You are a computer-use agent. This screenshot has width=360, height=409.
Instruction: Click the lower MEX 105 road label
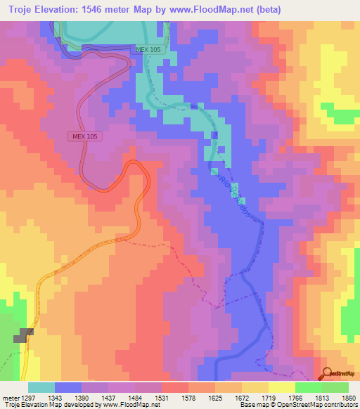click(82, 136)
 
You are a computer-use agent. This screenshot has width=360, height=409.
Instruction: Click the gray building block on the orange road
click(26, 335)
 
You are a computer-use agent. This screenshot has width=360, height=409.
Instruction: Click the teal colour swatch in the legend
click(41, 387)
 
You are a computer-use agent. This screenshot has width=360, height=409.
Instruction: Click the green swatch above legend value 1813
click(308, 387)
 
